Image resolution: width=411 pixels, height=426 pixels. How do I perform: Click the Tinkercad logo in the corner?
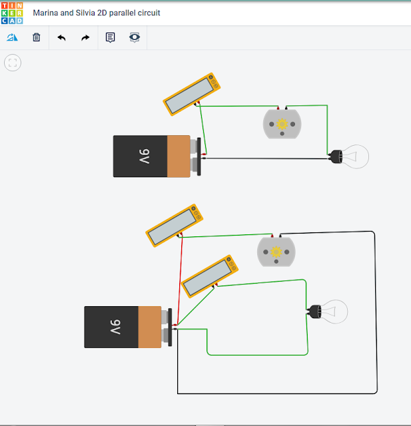(x=12, y=13)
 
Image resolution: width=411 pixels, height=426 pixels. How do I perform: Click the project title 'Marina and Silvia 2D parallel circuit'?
(x=97, y=13)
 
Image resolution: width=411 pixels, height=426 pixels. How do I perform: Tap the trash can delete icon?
(x=37, y=38)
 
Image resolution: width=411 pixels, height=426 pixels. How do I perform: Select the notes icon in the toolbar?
(x=111, y=38)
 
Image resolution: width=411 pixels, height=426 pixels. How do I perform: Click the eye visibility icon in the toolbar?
(x=135, y=38)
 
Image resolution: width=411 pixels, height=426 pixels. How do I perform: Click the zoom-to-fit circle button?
(x=13, y=63)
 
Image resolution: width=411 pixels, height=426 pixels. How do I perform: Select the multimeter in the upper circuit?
(x=191, y=94)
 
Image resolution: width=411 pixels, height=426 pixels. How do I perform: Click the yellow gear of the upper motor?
(x=282, y=124)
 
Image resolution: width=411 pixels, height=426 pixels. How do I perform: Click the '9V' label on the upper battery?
(x=145, y=156)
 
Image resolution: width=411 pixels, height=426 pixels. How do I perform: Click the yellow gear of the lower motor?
(x=276, y=252)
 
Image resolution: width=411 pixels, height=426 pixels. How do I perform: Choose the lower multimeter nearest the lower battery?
(x=210, y=276)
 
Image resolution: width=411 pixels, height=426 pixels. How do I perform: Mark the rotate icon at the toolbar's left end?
(x=12, y=38)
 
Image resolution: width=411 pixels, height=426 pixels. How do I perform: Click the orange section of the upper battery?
(x=178, y=156)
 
